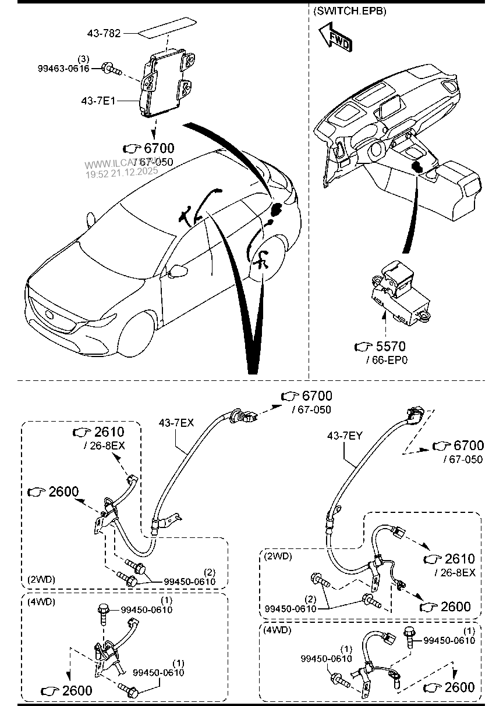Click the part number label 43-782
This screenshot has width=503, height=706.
pos(104,33)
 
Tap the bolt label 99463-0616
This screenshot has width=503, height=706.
pos(63,69)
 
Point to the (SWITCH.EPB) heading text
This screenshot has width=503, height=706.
pos(349,10)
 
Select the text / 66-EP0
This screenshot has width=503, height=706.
pos(387,360)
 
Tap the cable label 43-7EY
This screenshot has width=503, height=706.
pos(345,434)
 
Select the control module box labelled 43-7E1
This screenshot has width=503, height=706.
pos(168,81)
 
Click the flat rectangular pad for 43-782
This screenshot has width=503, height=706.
pos(167,28)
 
